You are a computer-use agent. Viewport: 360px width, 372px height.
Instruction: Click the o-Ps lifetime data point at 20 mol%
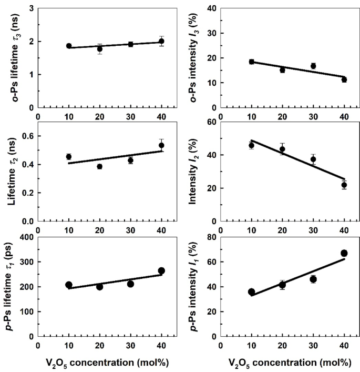point(100,49)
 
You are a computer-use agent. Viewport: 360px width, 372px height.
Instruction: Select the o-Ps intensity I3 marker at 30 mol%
point(313,66)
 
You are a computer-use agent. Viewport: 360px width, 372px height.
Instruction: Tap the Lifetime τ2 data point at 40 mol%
point(161,145)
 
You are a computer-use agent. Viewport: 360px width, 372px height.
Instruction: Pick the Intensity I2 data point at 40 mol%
point(344,185)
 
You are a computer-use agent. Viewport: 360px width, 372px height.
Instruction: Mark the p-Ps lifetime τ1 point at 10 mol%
point(69,285)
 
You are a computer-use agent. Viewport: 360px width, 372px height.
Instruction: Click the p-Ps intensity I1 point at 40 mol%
point(344,253)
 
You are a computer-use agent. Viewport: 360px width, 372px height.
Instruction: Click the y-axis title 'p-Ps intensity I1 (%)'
point(194,287)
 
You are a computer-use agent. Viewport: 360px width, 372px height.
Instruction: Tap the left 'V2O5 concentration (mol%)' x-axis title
point(107,363)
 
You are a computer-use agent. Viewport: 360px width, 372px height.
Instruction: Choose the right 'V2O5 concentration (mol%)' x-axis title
point(290,363)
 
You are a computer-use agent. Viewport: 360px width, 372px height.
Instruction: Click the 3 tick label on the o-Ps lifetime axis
point(32,8)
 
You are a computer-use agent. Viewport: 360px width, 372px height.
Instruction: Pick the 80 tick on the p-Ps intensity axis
point(212,237)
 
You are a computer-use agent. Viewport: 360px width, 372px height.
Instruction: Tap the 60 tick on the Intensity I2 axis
point(212,122)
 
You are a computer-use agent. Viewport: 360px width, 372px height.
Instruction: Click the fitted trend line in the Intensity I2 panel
point(298,159)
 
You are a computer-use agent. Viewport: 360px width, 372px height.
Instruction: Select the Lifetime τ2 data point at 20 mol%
point(100,167)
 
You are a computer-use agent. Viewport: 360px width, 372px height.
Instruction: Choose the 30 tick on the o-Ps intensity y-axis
point(212,33)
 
